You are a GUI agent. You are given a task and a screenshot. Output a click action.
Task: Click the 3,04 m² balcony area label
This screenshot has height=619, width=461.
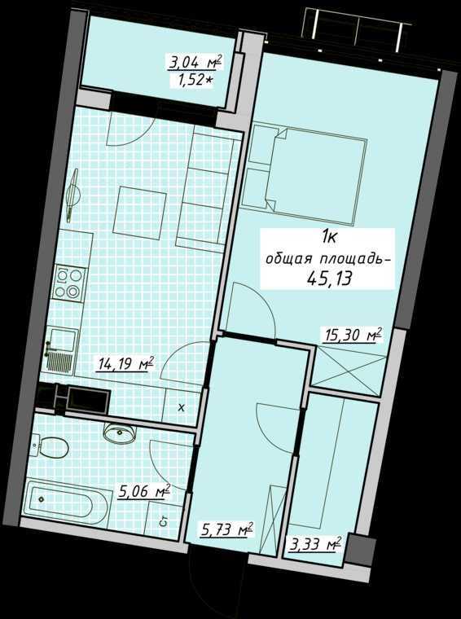click(195, 62)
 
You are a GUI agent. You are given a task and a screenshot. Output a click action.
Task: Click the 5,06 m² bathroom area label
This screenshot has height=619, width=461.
click(143, 492)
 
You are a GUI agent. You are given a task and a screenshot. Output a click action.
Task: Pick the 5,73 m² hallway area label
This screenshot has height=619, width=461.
click(226, 529)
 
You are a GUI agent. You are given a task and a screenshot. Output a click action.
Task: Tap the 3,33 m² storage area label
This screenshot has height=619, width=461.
click(314, 546)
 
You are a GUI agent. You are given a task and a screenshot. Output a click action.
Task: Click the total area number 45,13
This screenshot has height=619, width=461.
click(329, 279)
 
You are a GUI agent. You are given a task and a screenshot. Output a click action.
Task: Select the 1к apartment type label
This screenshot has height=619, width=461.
click(329, 238)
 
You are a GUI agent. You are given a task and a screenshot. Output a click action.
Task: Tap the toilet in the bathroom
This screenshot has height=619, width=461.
click(49, 446)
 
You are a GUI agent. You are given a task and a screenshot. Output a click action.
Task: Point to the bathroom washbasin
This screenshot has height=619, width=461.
click(121, 432)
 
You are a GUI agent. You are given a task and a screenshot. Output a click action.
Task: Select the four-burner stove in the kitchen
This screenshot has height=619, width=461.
click(70, 283)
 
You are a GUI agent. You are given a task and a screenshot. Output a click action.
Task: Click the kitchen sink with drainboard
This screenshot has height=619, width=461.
click(61, 349)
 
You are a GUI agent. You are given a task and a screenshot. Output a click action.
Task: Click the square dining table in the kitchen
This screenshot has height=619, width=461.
click(139, 214)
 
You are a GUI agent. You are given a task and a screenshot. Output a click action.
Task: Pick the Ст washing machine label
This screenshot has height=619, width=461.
click(165, 522)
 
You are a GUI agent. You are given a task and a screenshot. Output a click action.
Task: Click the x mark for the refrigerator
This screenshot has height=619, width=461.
click(181, 408)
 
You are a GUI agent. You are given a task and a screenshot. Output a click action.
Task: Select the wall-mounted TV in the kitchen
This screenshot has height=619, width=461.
click(72, 195)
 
